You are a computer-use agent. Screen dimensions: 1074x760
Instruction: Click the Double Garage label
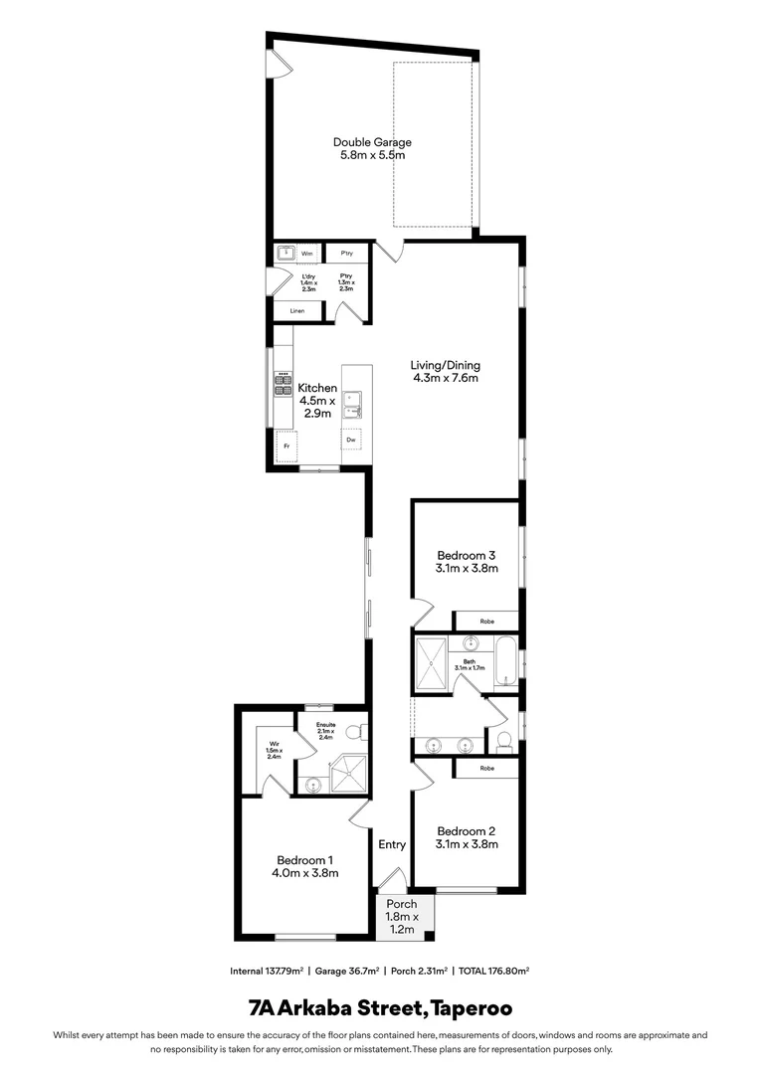pyautogui.click(x=372, y=149)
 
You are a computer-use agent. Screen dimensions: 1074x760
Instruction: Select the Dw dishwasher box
pyautogui.click(x=351, y=439)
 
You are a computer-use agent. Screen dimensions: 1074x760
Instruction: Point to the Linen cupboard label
pyautogui.click(x=297, y=311)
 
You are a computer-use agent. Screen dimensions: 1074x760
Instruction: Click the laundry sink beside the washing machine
pyautogui.click(x=283, y=254)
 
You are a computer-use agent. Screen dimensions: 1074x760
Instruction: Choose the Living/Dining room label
pyautogui.click(x=446, y=371)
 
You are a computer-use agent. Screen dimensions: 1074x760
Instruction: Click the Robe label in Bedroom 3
pyautogui.click(x=486, y=621)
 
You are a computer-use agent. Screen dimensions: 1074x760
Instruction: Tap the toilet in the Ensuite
pyautogui.click(x=363, y=732)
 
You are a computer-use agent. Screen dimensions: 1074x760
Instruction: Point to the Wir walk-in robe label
pyautogui.click(x=274, y=748)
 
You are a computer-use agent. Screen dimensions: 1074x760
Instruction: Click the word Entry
pyautogui.click(x=392, y=844)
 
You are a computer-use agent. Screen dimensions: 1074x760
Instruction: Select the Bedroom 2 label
pyautogui.click(x=467, y=837)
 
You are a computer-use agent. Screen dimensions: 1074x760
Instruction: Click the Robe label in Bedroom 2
pyautogui.click(x=486, y=769)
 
